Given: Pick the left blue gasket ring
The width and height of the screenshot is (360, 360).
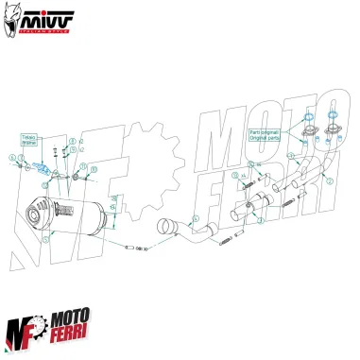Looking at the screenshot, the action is click(311, 120).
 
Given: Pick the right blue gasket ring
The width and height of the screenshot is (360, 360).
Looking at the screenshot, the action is click(334, 120).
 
